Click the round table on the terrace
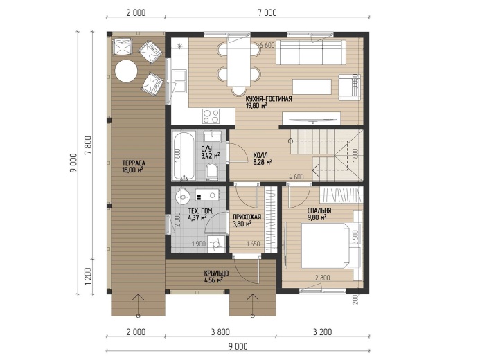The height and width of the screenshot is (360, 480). pos(126,71)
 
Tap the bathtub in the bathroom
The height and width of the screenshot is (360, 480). pos(183,156)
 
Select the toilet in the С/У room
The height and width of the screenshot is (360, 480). pos(211,171)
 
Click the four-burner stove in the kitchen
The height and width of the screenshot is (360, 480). pos(211,116)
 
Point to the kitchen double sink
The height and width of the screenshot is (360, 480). pos(179,80)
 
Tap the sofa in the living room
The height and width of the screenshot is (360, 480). pos(309,52)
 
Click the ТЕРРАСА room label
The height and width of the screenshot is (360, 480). pos(134,163)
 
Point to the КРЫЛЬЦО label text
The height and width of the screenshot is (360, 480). pos(214,273)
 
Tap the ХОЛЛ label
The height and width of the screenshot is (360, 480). pos(258,155)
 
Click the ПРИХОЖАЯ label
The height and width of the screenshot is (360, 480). pos(247,217)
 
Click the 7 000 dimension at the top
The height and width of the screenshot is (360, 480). pos(267,12)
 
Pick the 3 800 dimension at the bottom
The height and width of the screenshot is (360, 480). pos(220,332)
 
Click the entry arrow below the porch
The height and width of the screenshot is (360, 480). pos(253,305)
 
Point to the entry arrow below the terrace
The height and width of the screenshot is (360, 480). pos(138,305)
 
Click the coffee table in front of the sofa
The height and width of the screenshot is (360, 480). pos(312,87)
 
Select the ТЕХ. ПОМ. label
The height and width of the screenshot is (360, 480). pos(200,210)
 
